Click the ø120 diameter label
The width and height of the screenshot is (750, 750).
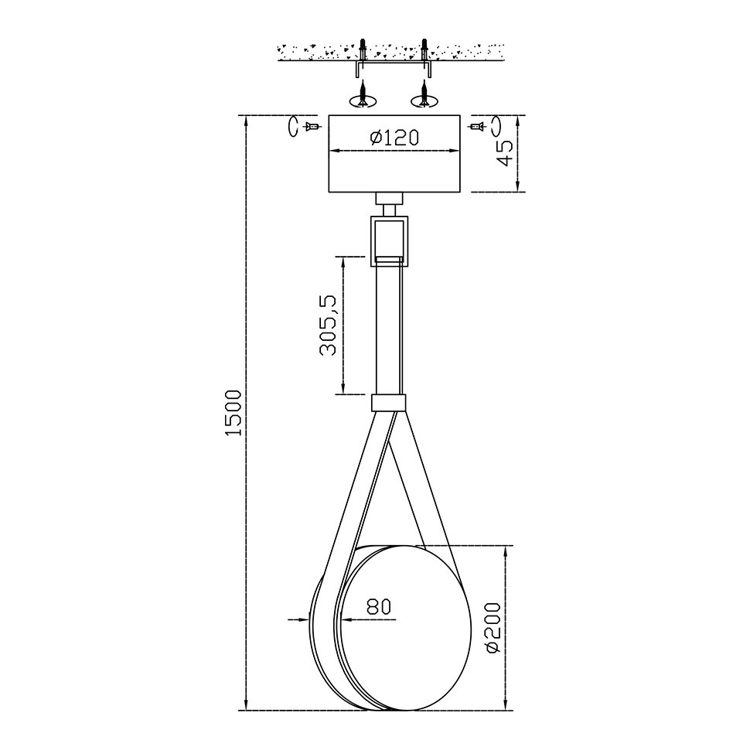click(394, 138)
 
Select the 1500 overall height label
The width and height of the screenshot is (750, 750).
click(234, 413)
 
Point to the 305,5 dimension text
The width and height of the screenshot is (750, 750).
click(328, 326)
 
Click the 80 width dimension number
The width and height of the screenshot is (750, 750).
click(379, 606)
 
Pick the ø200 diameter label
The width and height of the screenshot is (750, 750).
click(493, 628)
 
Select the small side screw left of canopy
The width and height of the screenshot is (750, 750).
click(312, 127)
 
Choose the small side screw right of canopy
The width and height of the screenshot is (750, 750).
click(476, 127)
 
